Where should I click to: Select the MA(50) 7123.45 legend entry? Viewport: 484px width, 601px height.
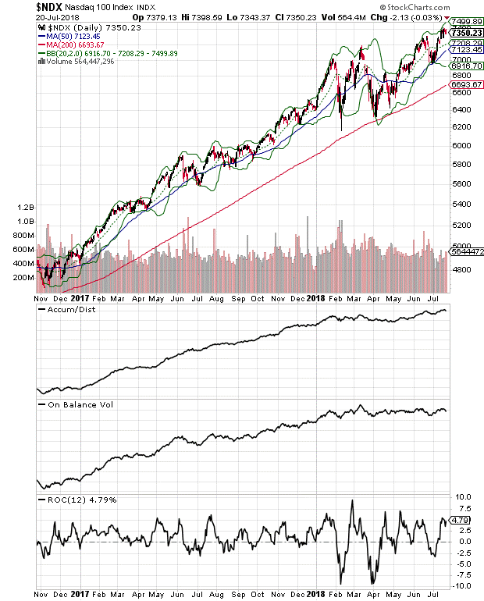(x=74, y=35)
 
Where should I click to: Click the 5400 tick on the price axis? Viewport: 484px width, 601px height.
(x=461, y=204)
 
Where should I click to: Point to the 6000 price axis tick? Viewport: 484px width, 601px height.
(x=461, y=145)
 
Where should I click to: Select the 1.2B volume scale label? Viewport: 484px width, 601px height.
(x=23, y=208)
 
